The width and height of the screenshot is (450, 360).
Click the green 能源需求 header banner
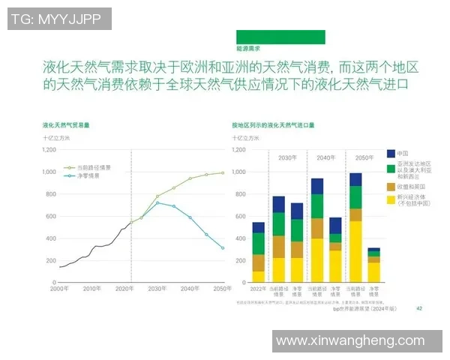pos(280,37)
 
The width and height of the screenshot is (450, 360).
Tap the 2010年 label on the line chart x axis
pos(92,288)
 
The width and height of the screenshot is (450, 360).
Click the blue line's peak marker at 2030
pos(157,202)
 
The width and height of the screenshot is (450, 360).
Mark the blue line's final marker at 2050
pos(223,248)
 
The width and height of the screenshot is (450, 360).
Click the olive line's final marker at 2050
pos(223,172)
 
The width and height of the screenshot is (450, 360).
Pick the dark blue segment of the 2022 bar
pos(258,227)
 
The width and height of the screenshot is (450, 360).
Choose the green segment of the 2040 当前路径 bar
pos(317,205)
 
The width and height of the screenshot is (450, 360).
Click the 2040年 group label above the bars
pos(325,157)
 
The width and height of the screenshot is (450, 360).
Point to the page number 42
pos(419,307)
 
